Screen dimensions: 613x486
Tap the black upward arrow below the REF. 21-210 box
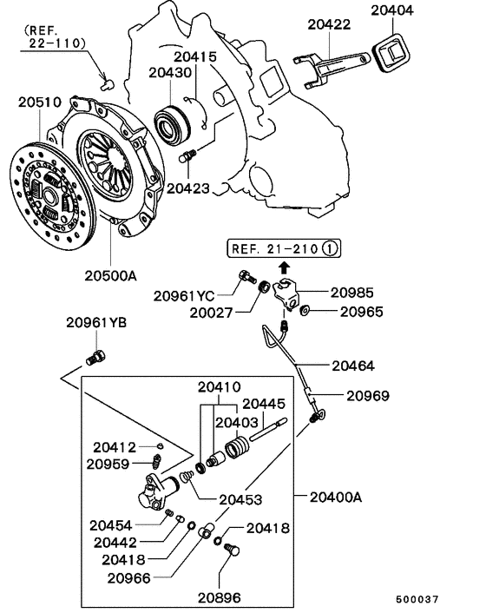click(x=282, y=269)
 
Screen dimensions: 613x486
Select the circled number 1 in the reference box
click(x=329, y=249)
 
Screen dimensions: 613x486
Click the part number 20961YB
click(x=96, y=323)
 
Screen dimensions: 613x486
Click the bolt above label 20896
click(x=230, y=550)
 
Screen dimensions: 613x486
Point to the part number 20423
click(x=188, y=187)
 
